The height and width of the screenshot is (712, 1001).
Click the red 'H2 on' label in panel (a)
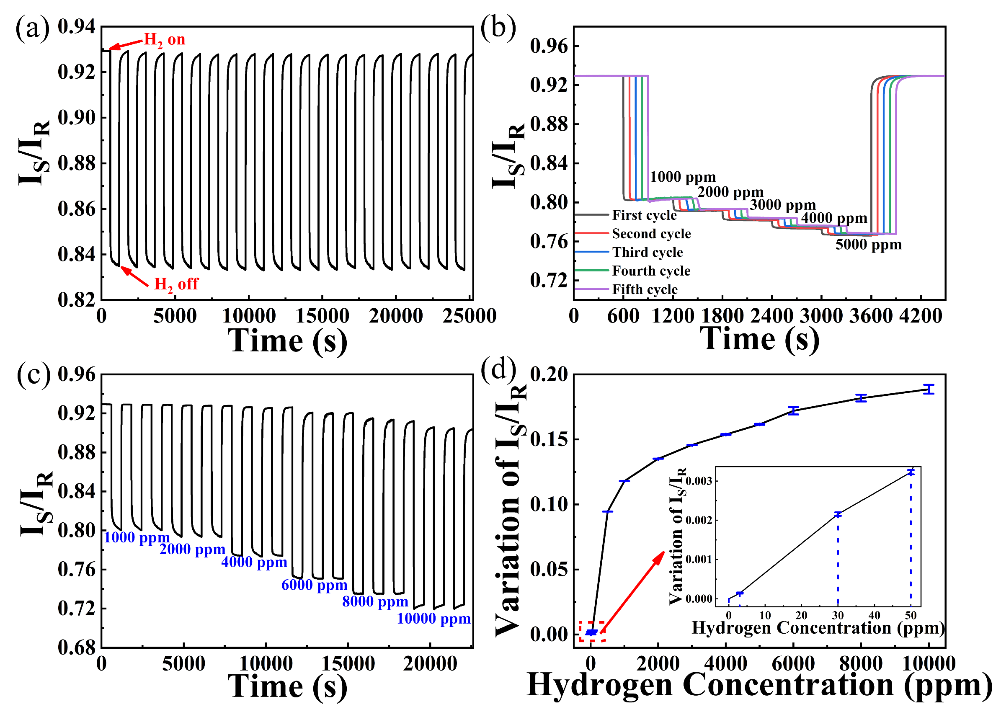[165, 40]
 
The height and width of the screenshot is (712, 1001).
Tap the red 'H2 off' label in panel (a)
[176, 284]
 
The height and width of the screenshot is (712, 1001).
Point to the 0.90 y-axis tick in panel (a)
[77, 118]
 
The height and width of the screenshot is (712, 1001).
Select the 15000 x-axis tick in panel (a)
[322, 316]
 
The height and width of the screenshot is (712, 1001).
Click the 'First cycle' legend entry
[644, 215]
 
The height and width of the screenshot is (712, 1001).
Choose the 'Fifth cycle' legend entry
[644, 289]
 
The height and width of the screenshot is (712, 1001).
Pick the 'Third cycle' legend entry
[647, 253]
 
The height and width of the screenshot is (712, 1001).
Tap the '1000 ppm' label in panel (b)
[682, 177]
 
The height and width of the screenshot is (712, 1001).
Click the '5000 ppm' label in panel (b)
[868, 245]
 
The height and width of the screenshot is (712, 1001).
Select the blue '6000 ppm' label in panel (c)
[314, 585]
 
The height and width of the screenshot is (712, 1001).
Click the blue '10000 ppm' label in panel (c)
[433, 619]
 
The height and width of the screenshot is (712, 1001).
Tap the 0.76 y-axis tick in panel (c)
[77, 570]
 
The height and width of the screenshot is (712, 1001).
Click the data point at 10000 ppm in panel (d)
[928, 390]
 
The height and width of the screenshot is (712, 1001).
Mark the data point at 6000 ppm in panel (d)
[793, 411]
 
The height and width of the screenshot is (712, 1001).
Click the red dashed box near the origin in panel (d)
[591, 632]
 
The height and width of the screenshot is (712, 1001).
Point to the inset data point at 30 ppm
[838, 514]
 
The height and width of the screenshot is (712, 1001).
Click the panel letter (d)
[498, 369]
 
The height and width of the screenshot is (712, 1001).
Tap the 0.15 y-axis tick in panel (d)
[549, 440]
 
